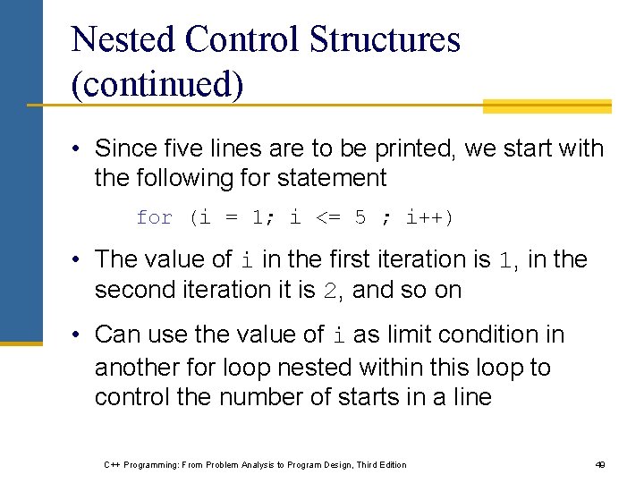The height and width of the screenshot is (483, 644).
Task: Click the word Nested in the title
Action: pyautogui.click(x=124, y=40)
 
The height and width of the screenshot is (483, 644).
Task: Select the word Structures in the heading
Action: pyautogui.click(x=385, y=40)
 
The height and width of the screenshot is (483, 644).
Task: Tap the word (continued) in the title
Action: pyautogui.click(x=157, y=86)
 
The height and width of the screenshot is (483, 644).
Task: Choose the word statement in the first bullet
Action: pyautogui.click(x=333, y=178)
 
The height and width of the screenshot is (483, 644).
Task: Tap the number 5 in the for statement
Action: pyautogui.click(x=360, y=217)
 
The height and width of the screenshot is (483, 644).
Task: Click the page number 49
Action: pyautogui.click(x=600, y=465)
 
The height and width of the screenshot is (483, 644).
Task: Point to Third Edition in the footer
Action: pyautogui.click(x=380, y=465)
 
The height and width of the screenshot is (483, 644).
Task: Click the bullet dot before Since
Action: pyautogui.click(x=79, y=148)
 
